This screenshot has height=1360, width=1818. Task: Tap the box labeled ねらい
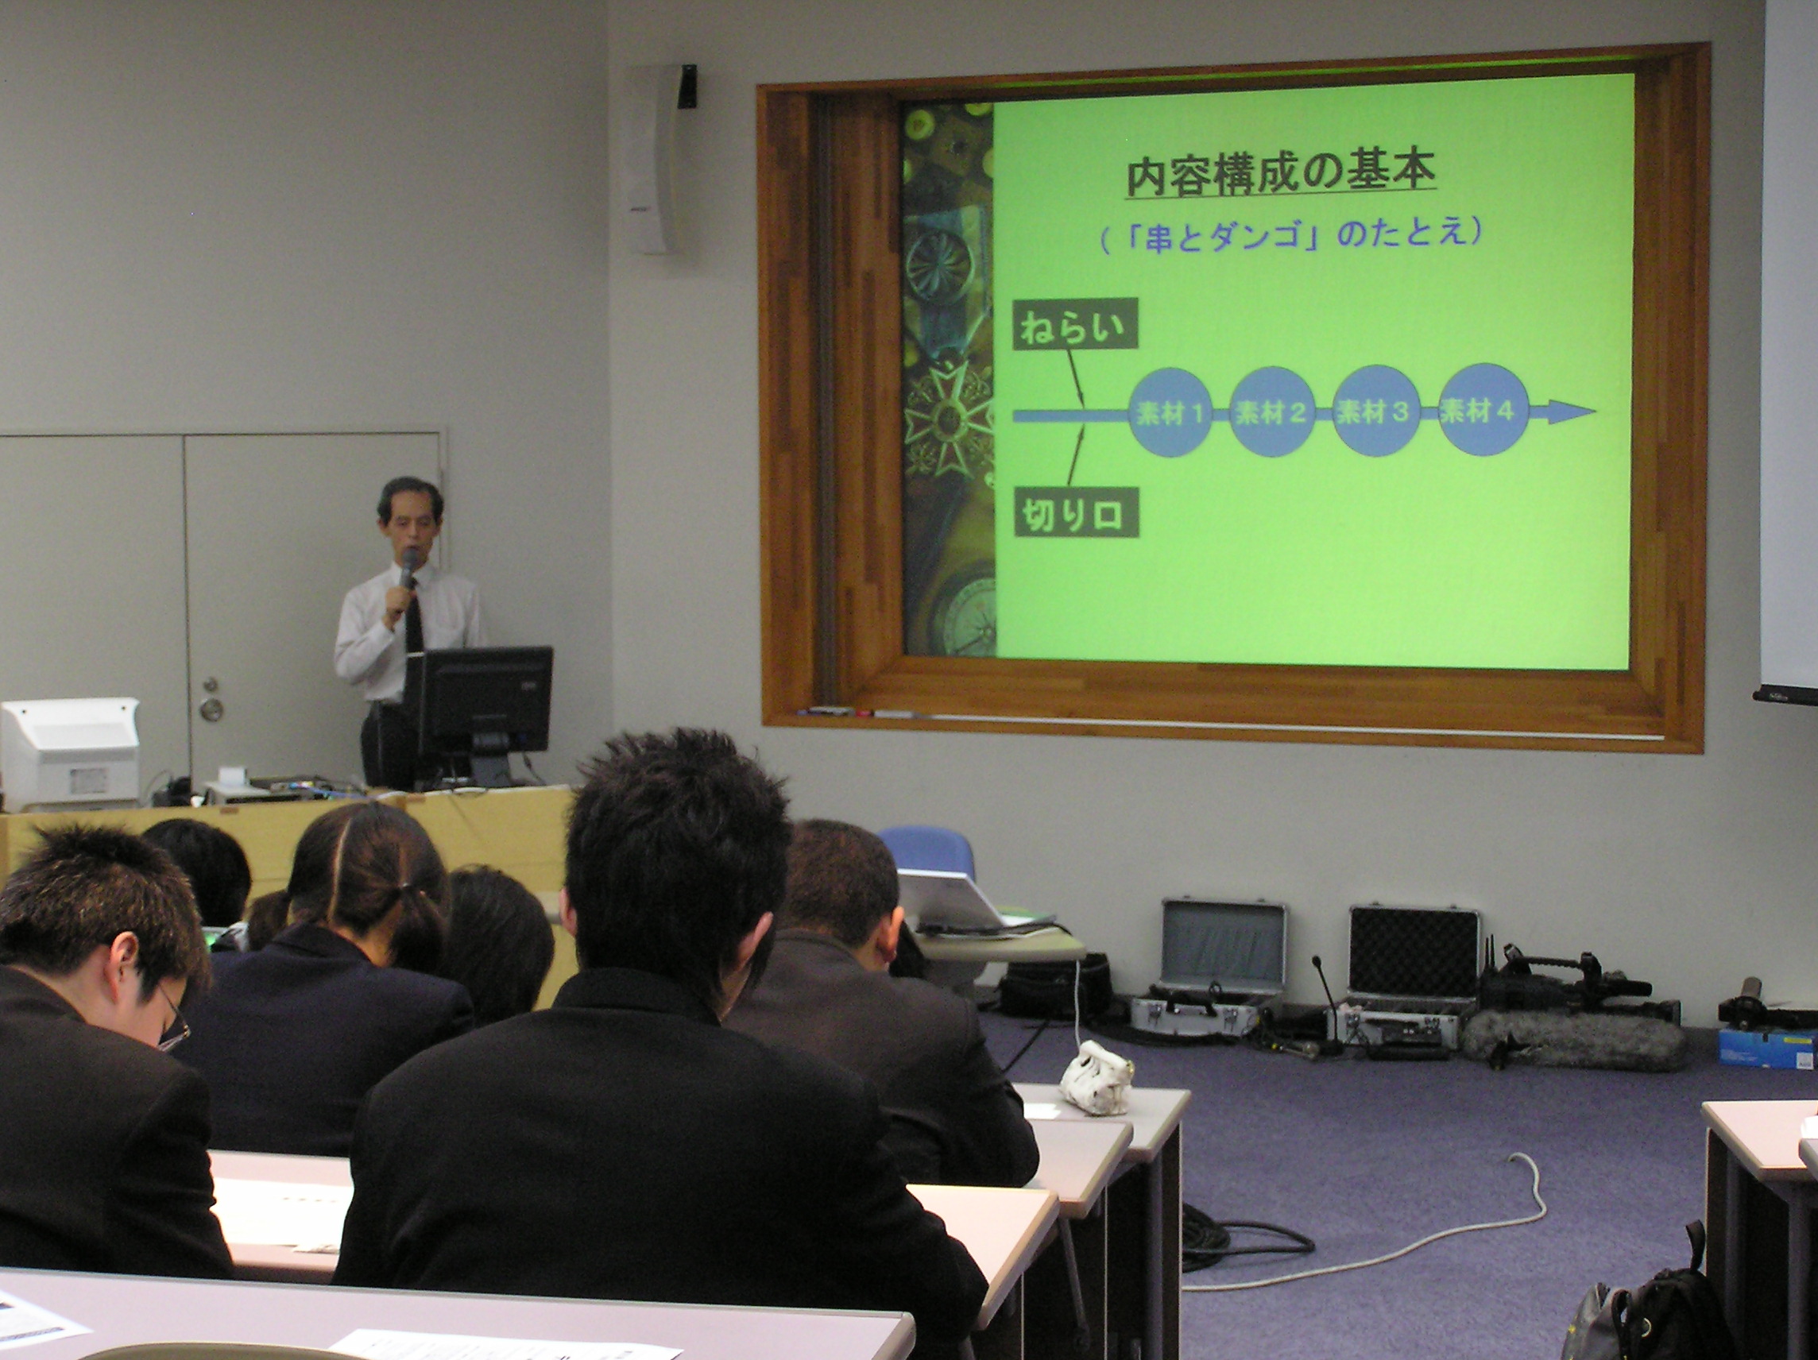[x=1074, y=324]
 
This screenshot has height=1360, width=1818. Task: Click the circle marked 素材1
[x=1170, y=412]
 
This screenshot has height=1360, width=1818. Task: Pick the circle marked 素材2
[x=1272, y=412]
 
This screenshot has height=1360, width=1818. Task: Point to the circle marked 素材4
[x=1479, y=410]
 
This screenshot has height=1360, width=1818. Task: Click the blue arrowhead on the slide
[x=1570, y=411]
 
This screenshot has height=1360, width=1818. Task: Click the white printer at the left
[x=70, y=755]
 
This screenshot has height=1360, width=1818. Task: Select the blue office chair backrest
[x=926, y=852]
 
